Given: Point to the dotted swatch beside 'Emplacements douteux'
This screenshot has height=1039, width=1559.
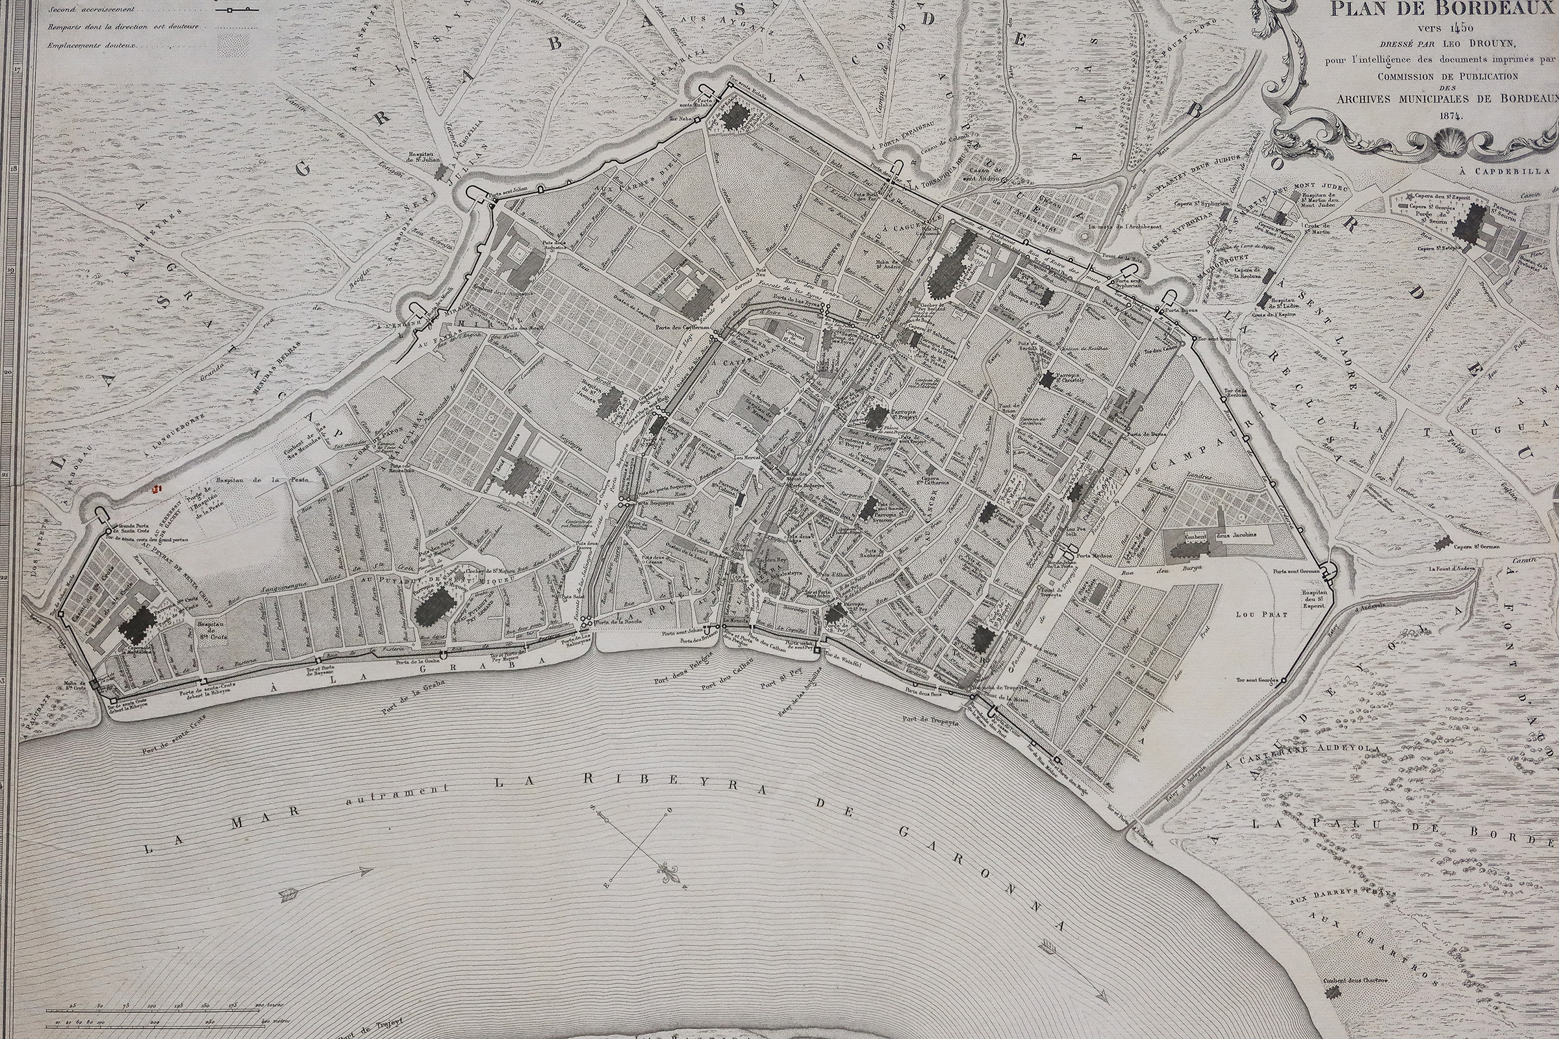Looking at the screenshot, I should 236,45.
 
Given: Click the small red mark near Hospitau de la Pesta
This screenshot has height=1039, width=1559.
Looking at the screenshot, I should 157,489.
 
